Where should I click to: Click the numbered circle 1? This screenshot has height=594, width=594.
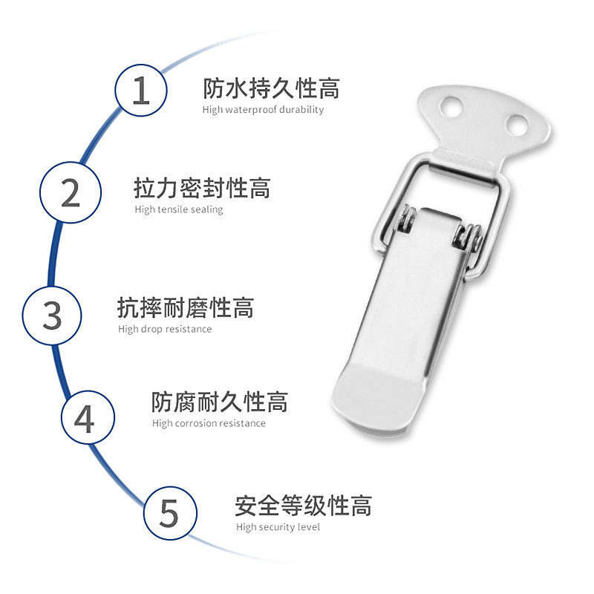141,91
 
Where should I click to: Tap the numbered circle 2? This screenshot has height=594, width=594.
71,192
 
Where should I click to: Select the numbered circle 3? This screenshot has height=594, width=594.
52,315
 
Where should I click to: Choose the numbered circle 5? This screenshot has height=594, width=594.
170,513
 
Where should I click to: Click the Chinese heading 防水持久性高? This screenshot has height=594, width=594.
271,89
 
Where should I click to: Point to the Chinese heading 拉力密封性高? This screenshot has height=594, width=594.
202,188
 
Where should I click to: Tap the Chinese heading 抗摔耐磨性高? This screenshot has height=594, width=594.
186,307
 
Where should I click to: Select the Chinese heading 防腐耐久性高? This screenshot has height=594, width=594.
220,402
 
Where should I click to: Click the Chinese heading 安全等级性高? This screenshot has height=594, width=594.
303,506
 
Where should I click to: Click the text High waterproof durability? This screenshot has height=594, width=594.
263,110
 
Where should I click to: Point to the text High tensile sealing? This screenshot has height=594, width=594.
179,209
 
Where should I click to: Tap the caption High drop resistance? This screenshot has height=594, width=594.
165,329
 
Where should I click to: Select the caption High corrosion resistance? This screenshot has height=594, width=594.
209,423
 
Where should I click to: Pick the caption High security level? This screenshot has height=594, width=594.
278,527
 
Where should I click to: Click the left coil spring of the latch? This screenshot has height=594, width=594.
406,219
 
